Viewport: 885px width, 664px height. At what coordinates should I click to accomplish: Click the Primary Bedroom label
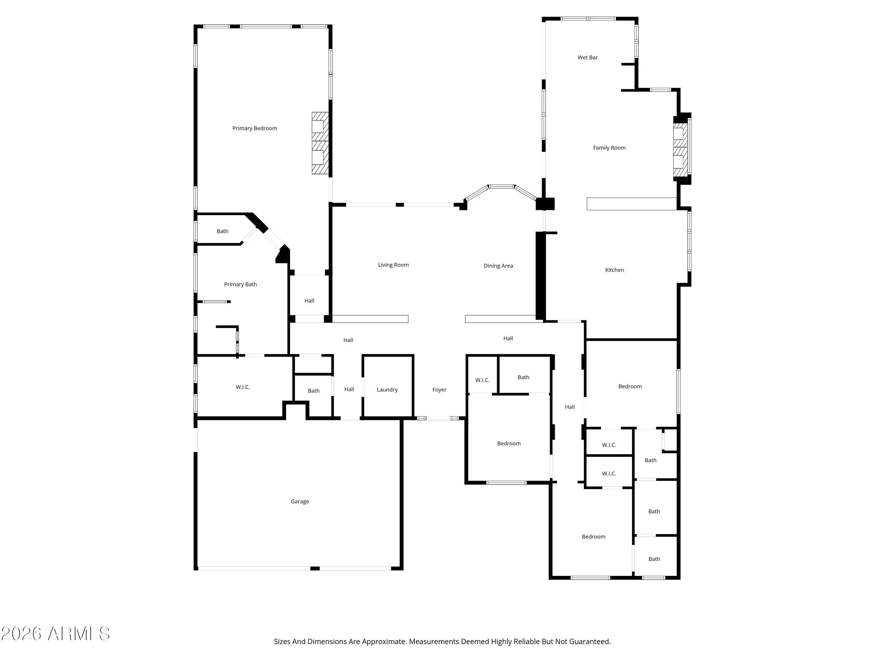click(x=255, y=128)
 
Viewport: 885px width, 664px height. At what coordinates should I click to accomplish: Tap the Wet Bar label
click(x=587, y=58)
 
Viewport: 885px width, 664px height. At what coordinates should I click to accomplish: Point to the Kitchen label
click(x=614, y=270)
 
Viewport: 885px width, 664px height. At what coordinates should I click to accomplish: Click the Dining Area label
click(x=498, y=266)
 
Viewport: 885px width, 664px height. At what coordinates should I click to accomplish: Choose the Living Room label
click(x=393, y=265)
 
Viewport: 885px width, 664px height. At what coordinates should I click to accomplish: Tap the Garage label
click(x=300, y=501)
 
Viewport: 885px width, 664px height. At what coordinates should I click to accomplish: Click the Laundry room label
click(x=387, y=390)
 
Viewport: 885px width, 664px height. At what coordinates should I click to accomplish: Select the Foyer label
click(x=439, y=390)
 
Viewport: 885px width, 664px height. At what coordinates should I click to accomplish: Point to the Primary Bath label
click(x=240, y=284)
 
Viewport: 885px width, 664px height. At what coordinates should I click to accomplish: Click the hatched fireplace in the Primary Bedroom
click(x=320, y=143)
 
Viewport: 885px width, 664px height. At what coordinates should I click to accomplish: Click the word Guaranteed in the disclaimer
click(x=590, y=641)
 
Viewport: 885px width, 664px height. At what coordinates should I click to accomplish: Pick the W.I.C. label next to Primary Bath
click(x=242, y=387)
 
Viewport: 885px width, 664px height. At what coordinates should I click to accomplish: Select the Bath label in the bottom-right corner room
click(x=654, y=559)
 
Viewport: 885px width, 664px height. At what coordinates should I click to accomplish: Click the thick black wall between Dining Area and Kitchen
click(x=540, y=276)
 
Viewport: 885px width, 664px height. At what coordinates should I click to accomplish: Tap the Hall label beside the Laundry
click(x=349, y=390)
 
